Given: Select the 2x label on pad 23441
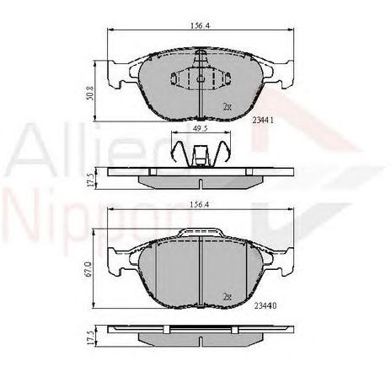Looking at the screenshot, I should coord(227,107).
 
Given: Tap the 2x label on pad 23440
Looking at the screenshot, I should coord(227,296).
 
